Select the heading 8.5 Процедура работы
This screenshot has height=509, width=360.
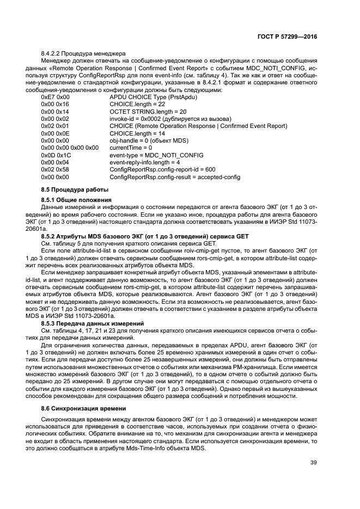point(72,189)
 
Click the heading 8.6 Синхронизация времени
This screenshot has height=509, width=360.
point(80,408)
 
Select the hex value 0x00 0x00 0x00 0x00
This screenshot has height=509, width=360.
point(70,148)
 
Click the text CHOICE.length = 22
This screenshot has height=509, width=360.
point(137,104)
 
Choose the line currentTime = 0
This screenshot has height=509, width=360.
point(131,148)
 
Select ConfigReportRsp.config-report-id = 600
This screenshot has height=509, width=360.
point(162,170)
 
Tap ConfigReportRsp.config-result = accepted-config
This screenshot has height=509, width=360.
point(175,177)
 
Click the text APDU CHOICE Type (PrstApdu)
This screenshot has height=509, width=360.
point(153,96)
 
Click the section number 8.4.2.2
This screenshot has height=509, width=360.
point(53,53)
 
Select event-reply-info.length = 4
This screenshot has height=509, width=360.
point(145,162)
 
